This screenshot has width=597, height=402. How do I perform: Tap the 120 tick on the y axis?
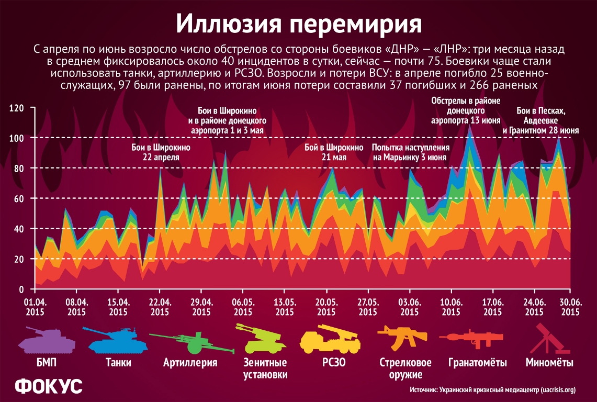pyautogui.click(x=18, y=108)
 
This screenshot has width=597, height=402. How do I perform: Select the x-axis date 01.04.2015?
pyautogui.click(x=35, y=307)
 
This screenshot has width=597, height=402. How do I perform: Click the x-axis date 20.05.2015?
pyautogui.click(x=326, y=307)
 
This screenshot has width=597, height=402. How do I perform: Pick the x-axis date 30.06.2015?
pyautogui.click(x=569, y=307)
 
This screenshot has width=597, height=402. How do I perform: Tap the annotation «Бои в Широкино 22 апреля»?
pyautogui.click(x=160, y=152)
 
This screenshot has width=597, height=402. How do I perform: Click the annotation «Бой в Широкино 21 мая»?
pyautogui.click(x=334, y=152)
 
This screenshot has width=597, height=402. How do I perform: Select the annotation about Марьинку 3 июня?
pyautogui.click(x=411, y=152)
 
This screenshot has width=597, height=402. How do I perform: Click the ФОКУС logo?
pyautogui.click(x=48, y=386)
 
